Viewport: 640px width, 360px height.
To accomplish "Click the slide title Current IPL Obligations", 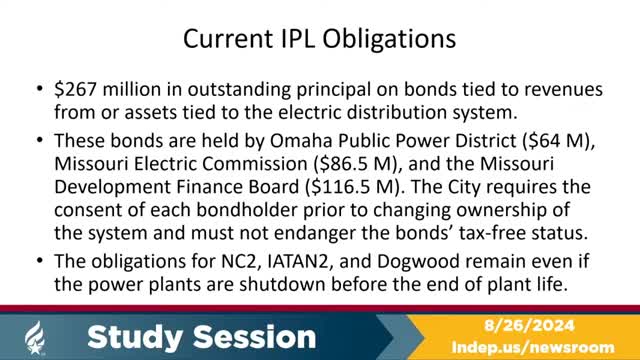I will click(319, 40).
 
